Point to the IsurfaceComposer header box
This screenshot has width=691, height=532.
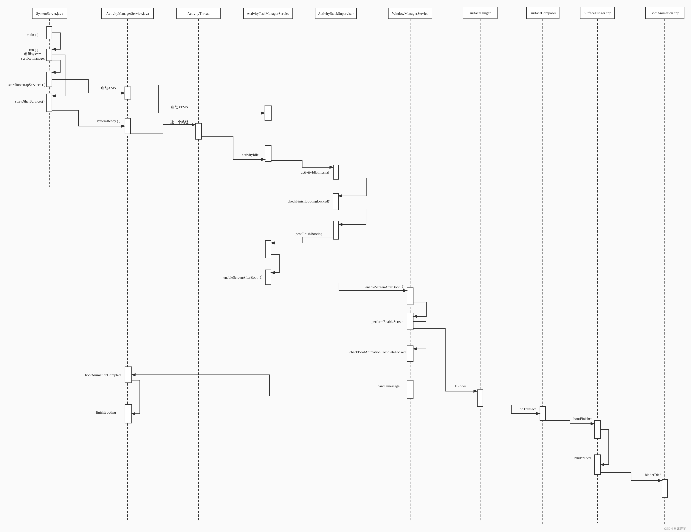click(543, 13)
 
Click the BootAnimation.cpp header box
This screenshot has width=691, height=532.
click(665, 13)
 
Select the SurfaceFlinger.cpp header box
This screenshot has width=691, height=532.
click(597, 13)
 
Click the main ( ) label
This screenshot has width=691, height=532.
click(32, 35)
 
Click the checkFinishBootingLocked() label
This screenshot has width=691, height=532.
click(309, 201)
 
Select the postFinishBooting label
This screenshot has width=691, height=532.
click(309, 234)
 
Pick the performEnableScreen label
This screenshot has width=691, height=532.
click(387, 321)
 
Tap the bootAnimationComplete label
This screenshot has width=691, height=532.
click(103, 375)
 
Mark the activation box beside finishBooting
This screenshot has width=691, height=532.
click(128, 414)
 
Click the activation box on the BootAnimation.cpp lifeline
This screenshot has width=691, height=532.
click(665, 488)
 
